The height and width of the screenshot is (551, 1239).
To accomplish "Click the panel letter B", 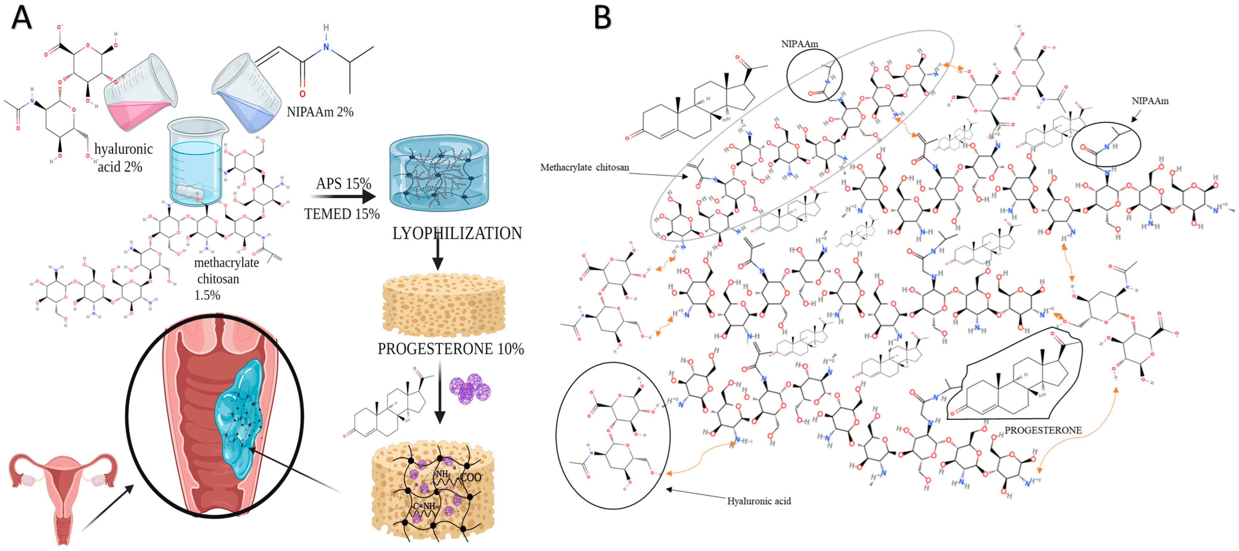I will pos(602,18).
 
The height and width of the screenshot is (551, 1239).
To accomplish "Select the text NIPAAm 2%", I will pos(320,112).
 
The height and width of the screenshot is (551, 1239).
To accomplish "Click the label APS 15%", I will pos(343,184).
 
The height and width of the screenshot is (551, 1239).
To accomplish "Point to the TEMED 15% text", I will pos(341,214).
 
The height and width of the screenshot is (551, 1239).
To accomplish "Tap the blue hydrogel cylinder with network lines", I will pos(438,174).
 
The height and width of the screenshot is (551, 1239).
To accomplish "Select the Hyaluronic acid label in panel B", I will pos(758,501).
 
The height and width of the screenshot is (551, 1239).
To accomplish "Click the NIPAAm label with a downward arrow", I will pos(1150,101).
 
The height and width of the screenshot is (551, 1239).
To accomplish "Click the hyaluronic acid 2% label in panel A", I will pos(123,158).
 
